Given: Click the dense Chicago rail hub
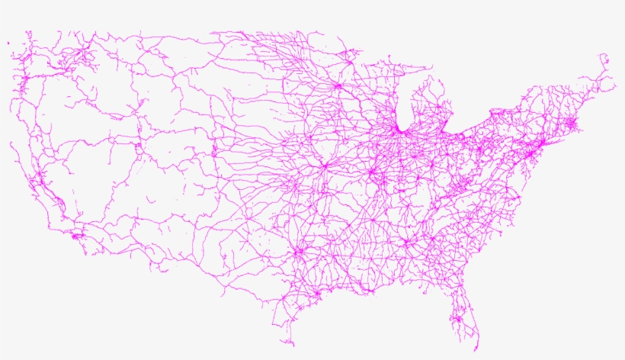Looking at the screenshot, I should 397,132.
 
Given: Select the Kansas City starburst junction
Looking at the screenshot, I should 324,165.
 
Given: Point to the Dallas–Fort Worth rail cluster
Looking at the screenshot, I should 299,250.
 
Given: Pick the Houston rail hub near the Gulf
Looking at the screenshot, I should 316,292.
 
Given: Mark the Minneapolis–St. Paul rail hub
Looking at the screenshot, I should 335,85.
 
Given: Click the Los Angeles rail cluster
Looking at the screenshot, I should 75,236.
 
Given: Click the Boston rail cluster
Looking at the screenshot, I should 574,122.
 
